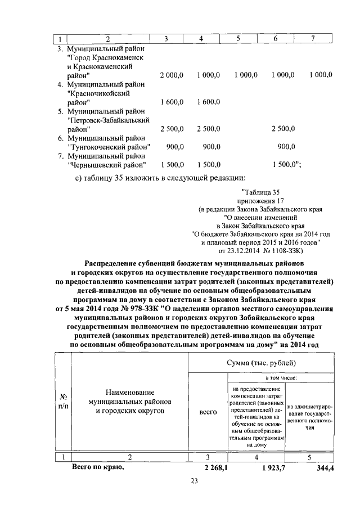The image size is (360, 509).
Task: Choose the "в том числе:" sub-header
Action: point(260,378)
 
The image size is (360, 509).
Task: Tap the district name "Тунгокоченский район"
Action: point(109,147)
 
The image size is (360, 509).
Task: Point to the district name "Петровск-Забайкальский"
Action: point(108,120)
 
